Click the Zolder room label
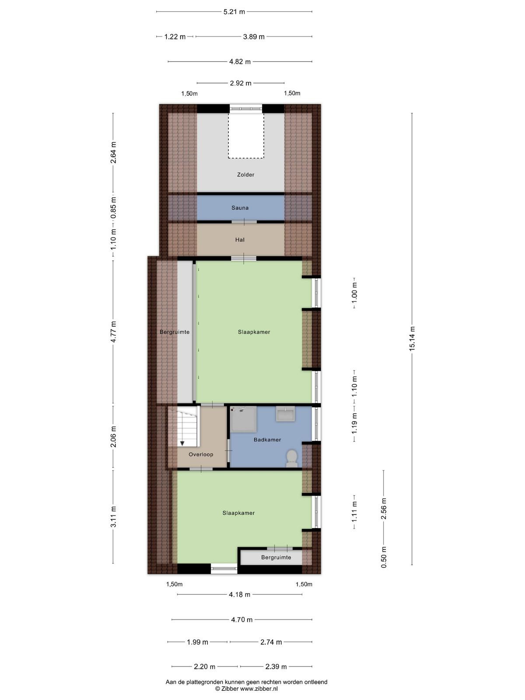[245, 175]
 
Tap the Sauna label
[240, 208]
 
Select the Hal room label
[240, 239]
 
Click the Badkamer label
[267, 439]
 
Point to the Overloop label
[200, 454]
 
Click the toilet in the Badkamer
[292, 458]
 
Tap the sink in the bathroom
[286, 413]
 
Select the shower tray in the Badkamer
[243, 419]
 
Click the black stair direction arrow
[182, 443]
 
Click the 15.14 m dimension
[412, 339]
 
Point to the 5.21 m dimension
[234, 12]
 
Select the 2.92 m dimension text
[241, 83]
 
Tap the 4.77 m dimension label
[113, 332]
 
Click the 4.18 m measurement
[239, 595]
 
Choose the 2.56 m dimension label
[384, 508]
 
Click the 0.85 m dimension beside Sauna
[113, 208]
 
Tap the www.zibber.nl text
[259, 689]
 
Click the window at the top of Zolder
[246, 109]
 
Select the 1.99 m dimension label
[197, 642]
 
